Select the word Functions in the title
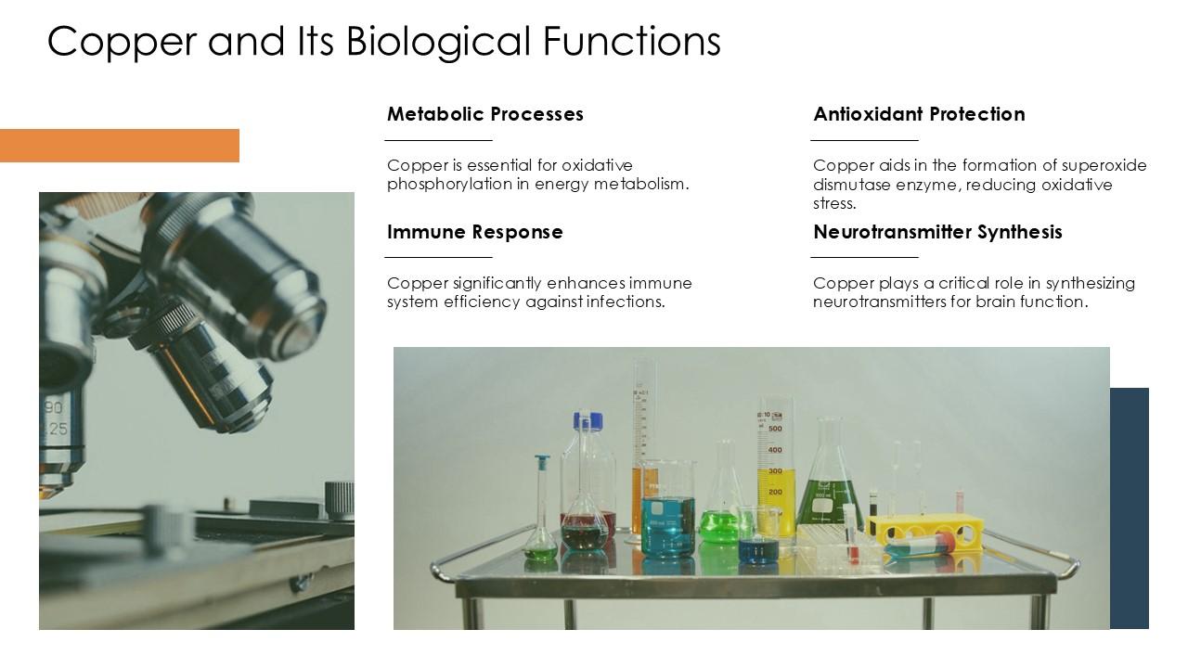631,41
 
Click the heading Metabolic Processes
484,114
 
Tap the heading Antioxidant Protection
919,114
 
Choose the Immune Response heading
474,232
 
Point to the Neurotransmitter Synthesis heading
937,232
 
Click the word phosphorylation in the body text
448,184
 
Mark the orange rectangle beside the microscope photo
119,146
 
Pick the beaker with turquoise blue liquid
667,524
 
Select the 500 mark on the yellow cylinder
775,429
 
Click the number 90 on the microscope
54,408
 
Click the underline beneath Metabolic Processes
438,140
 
